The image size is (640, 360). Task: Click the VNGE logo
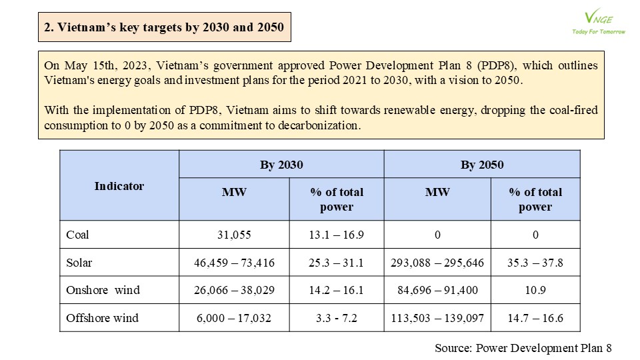[599, 21]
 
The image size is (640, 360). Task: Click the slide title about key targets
[164, 27]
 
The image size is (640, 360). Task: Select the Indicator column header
[119, 186]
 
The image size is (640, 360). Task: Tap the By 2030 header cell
[281, 165]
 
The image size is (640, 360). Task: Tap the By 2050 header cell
[482, 165]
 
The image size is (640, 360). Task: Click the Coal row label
[77, 235]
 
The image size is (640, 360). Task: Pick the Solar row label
[79, 263]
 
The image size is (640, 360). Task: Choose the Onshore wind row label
[103, 290]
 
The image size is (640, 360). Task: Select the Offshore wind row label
[103, 317]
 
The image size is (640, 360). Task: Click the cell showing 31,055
[234, 235]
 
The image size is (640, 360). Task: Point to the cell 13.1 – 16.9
[336, 235]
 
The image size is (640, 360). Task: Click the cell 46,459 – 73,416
[234, 263]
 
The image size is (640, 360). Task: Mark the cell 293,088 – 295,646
[437, 263]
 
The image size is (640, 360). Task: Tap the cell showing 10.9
[535, 290]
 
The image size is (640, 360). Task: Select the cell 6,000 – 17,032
[234, 318]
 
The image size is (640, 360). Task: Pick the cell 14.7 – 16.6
[535, 318]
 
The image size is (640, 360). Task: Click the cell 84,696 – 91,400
[437, 290]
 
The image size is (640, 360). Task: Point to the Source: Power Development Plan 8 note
[523, 348]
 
